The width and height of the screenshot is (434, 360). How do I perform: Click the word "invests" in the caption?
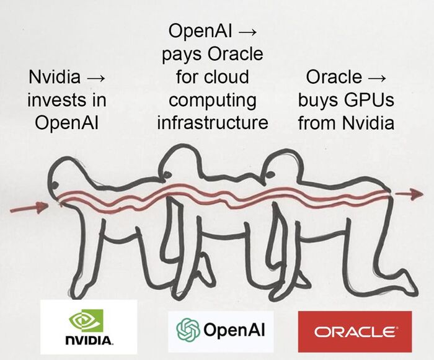pyautogui.click(x=52, y=99)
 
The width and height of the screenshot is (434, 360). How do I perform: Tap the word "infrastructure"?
pyautogui.click(x=213, y=122)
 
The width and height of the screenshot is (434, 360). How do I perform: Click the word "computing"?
pyautogui.click(x=213, y=99)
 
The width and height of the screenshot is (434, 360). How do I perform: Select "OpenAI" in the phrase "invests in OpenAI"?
pyautogui.click(x=68, y=122)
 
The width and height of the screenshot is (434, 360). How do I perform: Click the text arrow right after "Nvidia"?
pyautogui.click(x=97, y=78)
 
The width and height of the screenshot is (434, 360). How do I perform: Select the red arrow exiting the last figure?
pyautogui.click(x=409, y=194)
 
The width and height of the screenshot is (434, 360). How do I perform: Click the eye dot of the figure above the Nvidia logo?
pyautogui.click(x=56, y=186)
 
